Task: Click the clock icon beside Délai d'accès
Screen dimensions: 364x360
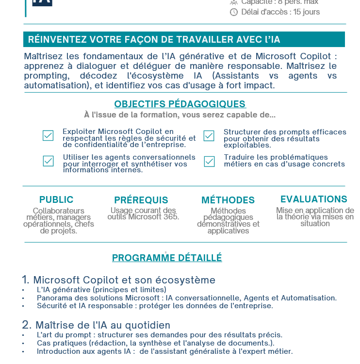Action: pos(234,12)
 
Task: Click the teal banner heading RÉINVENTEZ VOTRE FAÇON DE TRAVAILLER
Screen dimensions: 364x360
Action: pos(154,40)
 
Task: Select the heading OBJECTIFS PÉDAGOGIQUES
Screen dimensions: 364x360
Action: pos(180,104)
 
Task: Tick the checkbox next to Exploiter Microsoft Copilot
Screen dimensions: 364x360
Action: pos(48,135)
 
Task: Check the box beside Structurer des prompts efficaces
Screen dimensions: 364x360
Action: pos(209,136)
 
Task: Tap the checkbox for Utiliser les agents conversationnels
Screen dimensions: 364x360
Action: pos(48,161)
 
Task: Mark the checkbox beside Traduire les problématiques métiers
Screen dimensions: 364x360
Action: pos(209,161)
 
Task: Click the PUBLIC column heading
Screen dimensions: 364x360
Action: pos(56,199)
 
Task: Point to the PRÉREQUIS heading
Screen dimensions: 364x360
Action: pos(141,200)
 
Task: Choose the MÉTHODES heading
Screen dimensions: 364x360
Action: pos(228,200)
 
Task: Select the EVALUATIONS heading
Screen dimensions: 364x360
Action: pos(314,199)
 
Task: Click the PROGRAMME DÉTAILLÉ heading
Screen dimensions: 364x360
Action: pos(167,258)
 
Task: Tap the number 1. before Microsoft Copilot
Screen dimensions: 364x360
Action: pos(26,280)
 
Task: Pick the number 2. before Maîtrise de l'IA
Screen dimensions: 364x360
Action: pos(27,325)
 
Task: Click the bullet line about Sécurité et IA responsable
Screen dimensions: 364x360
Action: pos(155,306)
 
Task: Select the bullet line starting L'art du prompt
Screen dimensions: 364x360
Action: pos(159,335)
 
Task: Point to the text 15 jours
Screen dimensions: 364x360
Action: pos(307,12)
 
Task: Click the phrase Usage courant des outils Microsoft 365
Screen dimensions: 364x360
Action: pos(143,214)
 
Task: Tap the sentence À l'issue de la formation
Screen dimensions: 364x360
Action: pos(180,115)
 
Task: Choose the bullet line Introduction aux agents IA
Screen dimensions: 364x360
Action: pos(164,351)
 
